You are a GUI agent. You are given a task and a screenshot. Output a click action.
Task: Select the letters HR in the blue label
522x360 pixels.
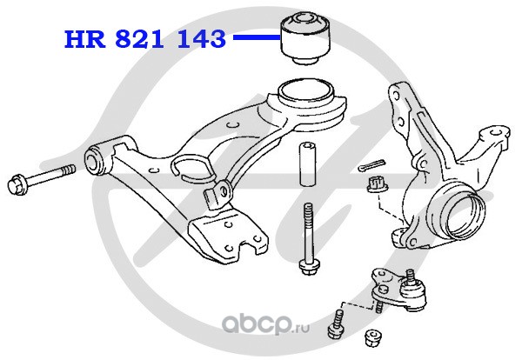pyautogui.click(x=84, y=39)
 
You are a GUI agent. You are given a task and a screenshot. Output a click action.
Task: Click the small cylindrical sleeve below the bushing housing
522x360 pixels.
pyautogui.click(x=306, y=163)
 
